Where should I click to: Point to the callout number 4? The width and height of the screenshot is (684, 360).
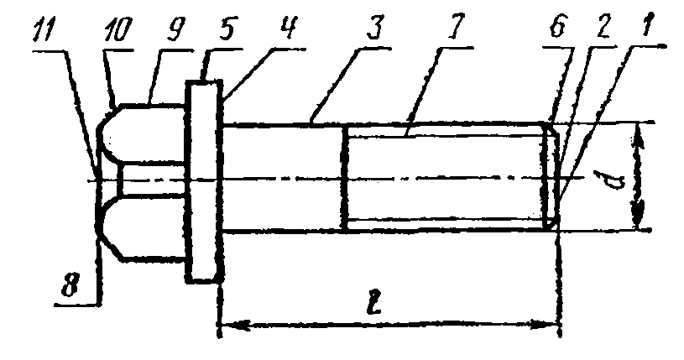tap(287, 28)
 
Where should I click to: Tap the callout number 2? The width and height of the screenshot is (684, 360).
tap(604, 26)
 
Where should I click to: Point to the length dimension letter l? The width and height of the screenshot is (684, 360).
tap(374, 301)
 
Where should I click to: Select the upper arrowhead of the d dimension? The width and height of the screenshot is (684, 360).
tap(639, 134)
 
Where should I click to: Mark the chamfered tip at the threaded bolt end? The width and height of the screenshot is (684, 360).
tap(550, 176)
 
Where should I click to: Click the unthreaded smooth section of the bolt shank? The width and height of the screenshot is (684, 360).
tap(284, 177)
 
